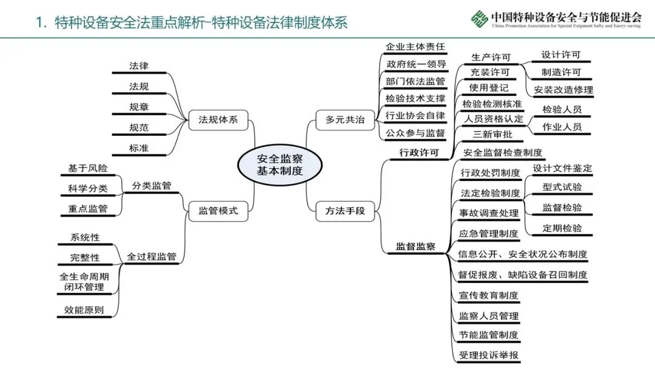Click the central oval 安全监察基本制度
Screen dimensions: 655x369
pos(280,164)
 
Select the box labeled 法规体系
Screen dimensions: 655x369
pos(218,120)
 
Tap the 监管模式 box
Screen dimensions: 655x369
pos(218,211)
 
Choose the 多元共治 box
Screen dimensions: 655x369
pos(345,120)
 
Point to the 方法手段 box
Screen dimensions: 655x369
pos(345,211)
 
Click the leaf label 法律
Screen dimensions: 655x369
pos(139,66)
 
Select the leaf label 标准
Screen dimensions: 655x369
pos(139,148)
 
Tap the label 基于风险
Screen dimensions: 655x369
pos(88,168)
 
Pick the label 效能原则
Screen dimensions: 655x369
pos(84,310)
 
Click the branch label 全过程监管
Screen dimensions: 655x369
pos(152,257)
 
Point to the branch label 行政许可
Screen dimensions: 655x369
pos(419,152)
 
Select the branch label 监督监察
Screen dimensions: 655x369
pos(415,246)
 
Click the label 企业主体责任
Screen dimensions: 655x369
pos(415,47)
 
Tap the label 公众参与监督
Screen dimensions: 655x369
pos(415,134)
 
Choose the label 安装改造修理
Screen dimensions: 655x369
pos(563,90)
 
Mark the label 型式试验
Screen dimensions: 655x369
pos(562,187)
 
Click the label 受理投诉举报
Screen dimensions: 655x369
pos(489,356)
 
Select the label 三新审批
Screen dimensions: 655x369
pos(492,135)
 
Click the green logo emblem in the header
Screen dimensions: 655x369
pos(480,19)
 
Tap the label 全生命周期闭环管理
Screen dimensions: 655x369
pos(84,282)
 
